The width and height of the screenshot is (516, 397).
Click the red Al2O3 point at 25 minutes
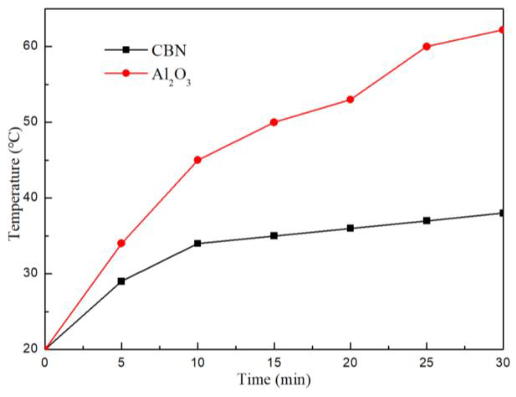click(x=426, y=47)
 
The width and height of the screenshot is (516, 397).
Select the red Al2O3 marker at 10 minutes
click(x=198, y=160)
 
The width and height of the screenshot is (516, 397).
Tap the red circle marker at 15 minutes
click(x=274, y=122)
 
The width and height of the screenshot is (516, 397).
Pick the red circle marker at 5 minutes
click(x=121, y=243)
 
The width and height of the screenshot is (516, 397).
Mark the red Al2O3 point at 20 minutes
click(x=350, y=99)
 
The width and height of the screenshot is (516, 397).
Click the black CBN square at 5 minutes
click(x=121, y=281)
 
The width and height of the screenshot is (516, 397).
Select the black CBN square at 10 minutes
click(x=198, y=243)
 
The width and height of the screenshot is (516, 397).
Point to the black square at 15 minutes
click(x=274, y=236)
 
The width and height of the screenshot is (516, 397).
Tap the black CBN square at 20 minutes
click(x=350, y=228)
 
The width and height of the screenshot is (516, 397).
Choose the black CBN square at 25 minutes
click(x=426, y=221)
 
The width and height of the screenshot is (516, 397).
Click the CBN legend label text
click(x=169, y=51)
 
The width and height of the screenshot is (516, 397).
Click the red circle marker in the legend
click(x=126, y=73)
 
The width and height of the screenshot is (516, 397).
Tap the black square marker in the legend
click(x=126, y=50)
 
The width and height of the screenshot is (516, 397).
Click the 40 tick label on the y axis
click(x=30, y=198)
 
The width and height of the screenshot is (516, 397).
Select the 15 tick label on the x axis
click(x=274, y=362)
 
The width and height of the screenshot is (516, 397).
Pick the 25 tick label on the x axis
click(x=426, y=362)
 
